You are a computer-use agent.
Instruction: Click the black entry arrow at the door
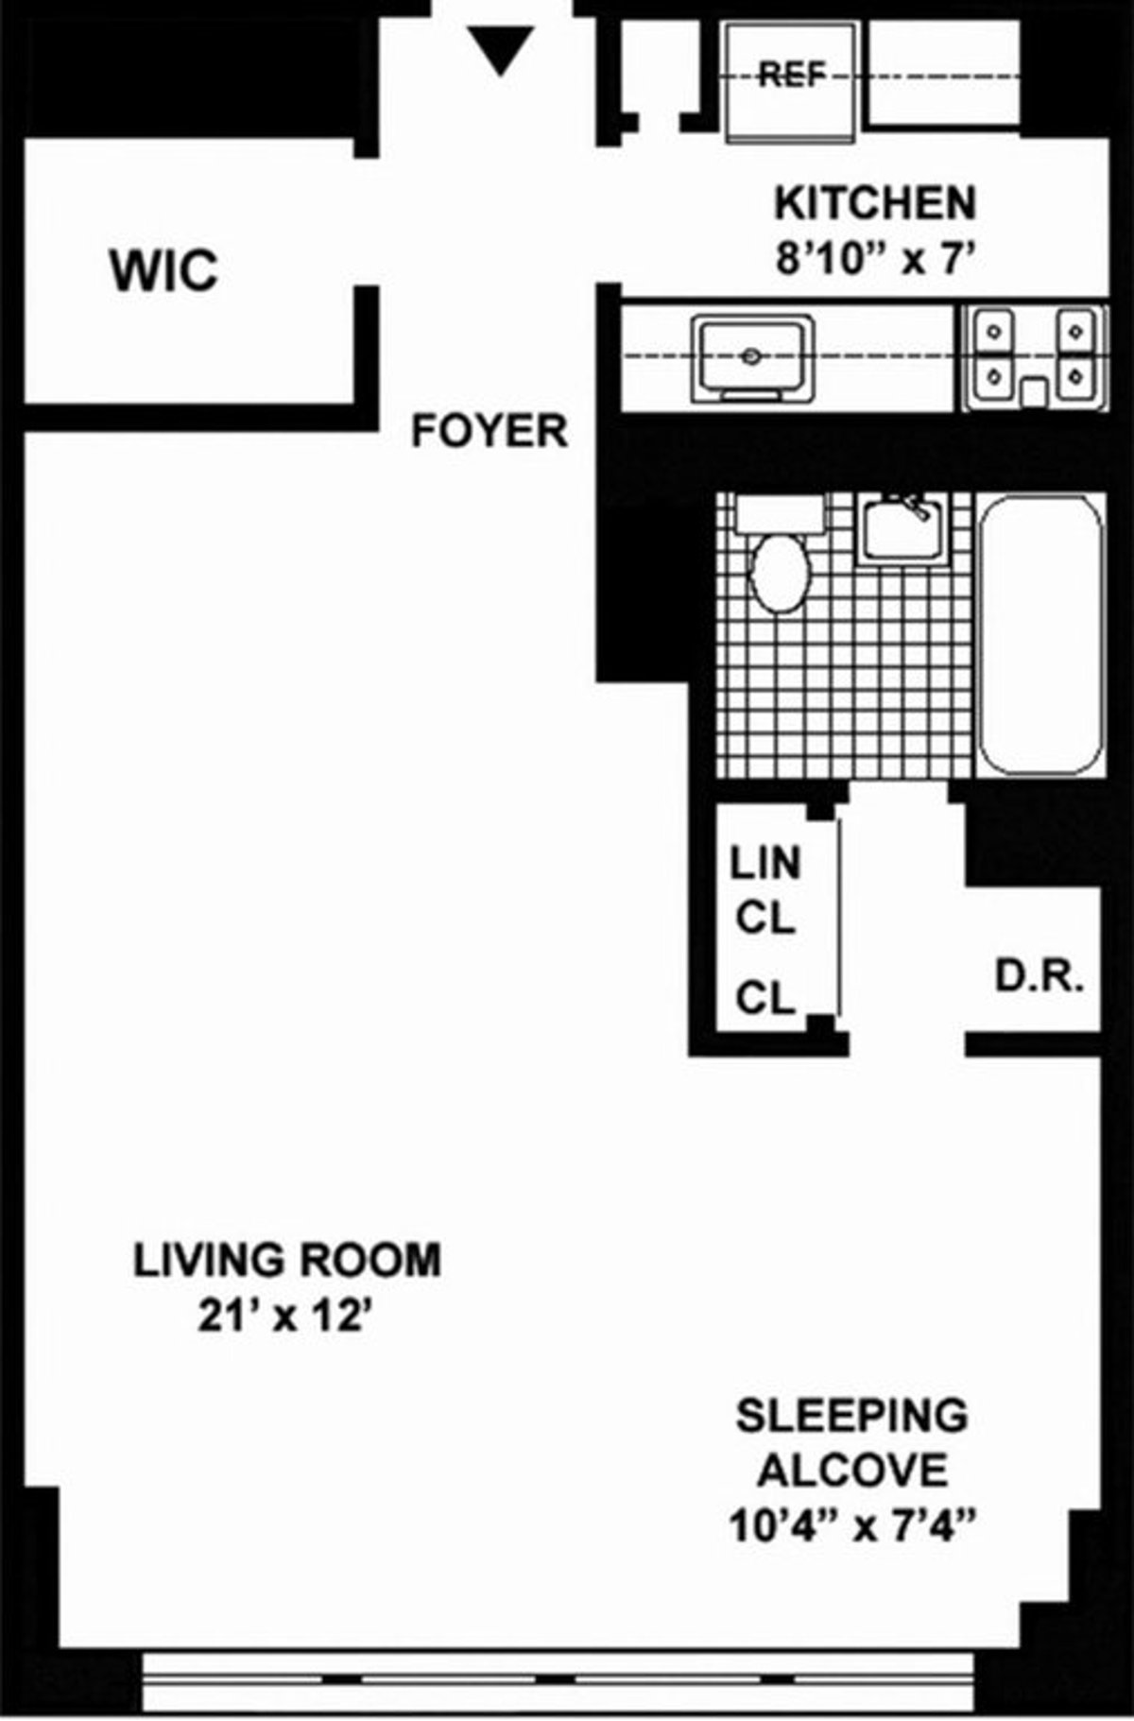click(x=502, y=49)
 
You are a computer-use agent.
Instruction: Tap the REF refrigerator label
click(x=792, y=74)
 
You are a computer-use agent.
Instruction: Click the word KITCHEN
click(x=875, y=203)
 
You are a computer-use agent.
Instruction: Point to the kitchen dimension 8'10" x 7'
click(x=874, y=258)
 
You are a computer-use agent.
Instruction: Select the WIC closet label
click(x=164, y=270)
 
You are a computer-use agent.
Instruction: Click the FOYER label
click(x=490, y=432)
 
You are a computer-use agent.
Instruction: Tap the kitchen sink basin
click(x=751, y=357)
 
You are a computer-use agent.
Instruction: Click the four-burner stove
click(x=1034, y=357)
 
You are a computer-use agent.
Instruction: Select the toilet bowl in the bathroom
click(x=780, y=572)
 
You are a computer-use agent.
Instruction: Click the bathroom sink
click(x=902, y=531)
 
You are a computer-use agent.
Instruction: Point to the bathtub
click(x=1039, y=635)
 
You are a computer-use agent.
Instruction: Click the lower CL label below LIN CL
click(x=765, y=997)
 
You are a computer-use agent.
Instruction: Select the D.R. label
click(x=1038, y=978)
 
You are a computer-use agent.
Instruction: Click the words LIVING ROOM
click(x=287, y=1262)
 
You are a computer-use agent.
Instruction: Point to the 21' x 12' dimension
click(x=282, y=1317)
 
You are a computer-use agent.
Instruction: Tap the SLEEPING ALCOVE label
click(x=852, y=1443)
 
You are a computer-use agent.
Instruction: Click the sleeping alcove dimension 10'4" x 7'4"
click(x=852, y=1524)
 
